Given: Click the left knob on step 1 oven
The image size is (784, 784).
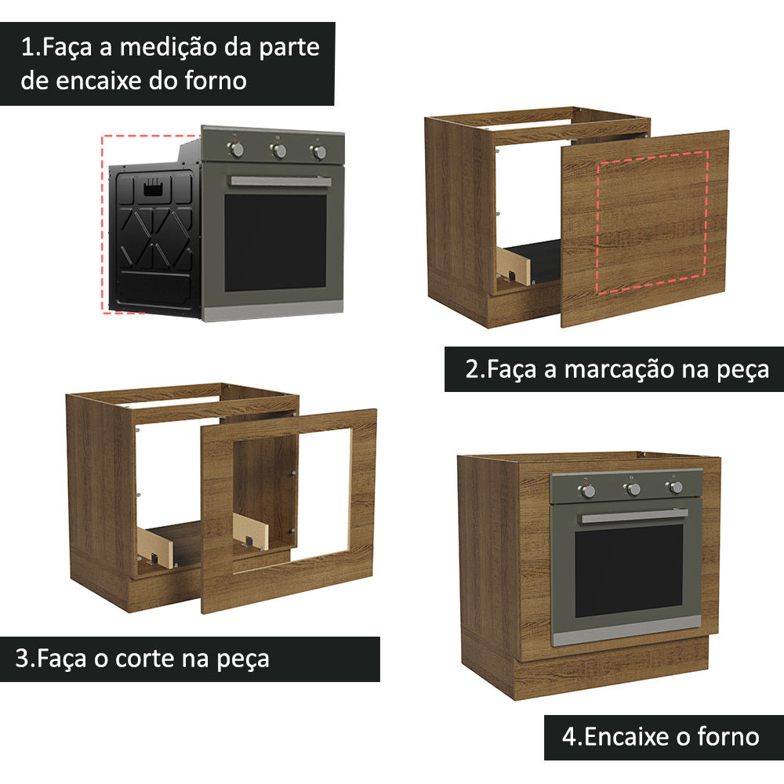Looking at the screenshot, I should (x=238, y=149).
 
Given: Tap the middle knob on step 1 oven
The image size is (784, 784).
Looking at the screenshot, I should (x=278, y=151).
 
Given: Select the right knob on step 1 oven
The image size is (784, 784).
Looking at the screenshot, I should (x=319, y=152).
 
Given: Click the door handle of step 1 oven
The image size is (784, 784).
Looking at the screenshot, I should (x=280, y=181).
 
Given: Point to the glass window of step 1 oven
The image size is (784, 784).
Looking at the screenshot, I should (x=275, y=241).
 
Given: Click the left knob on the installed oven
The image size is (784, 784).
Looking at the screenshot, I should (x=587, y=490).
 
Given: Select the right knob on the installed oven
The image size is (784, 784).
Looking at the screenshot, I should (x=674, y=488).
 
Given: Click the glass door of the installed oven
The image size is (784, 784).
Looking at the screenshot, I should (x=628, y=570).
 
